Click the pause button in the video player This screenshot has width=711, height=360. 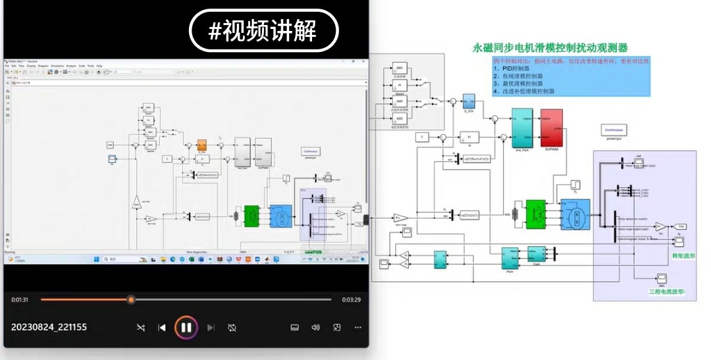[x=186, y=327]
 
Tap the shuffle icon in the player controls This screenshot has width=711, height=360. [x=141, y=327]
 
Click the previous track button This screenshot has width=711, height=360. [x=162, y=327]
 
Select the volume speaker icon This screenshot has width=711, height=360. [x=315, y=327]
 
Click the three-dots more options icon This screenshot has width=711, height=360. [x=358, y=327]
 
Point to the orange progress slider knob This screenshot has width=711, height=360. [x=131, y=299]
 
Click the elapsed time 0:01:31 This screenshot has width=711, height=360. [x=20, y=299]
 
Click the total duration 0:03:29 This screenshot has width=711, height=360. [x=351, y=299]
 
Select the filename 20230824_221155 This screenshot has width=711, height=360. [x=49, y=327]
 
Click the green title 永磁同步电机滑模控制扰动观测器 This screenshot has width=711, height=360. [x=550, y=48]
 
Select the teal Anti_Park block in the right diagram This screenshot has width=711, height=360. [x=522, y=128]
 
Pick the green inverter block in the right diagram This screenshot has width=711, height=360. [x=537, y=215]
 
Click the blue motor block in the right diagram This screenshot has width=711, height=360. [x=575, y=215]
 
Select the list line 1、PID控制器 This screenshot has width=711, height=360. [x=512, y=68]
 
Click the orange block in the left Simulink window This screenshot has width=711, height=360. [x=202, y=145]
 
